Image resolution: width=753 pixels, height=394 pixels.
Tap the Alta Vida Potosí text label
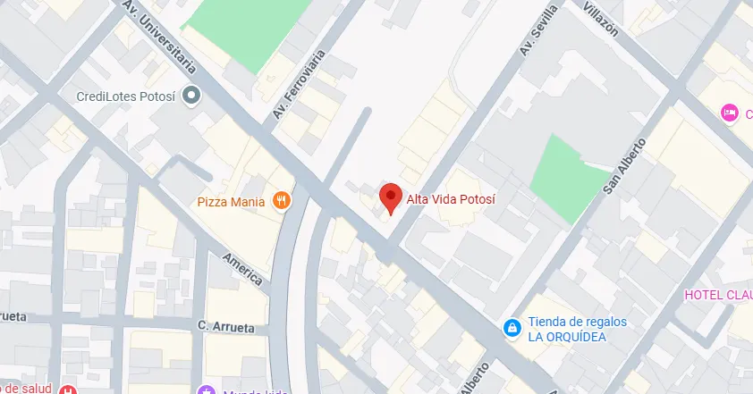(451, 198)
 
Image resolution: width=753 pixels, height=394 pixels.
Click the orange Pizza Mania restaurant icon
(281, 201)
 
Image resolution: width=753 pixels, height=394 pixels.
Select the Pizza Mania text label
(231, 202)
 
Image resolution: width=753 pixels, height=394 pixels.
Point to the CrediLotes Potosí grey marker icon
(190, 95)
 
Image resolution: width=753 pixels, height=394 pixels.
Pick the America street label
(243, 268)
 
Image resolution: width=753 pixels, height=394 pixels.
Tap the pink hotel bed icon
(729, 113)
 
